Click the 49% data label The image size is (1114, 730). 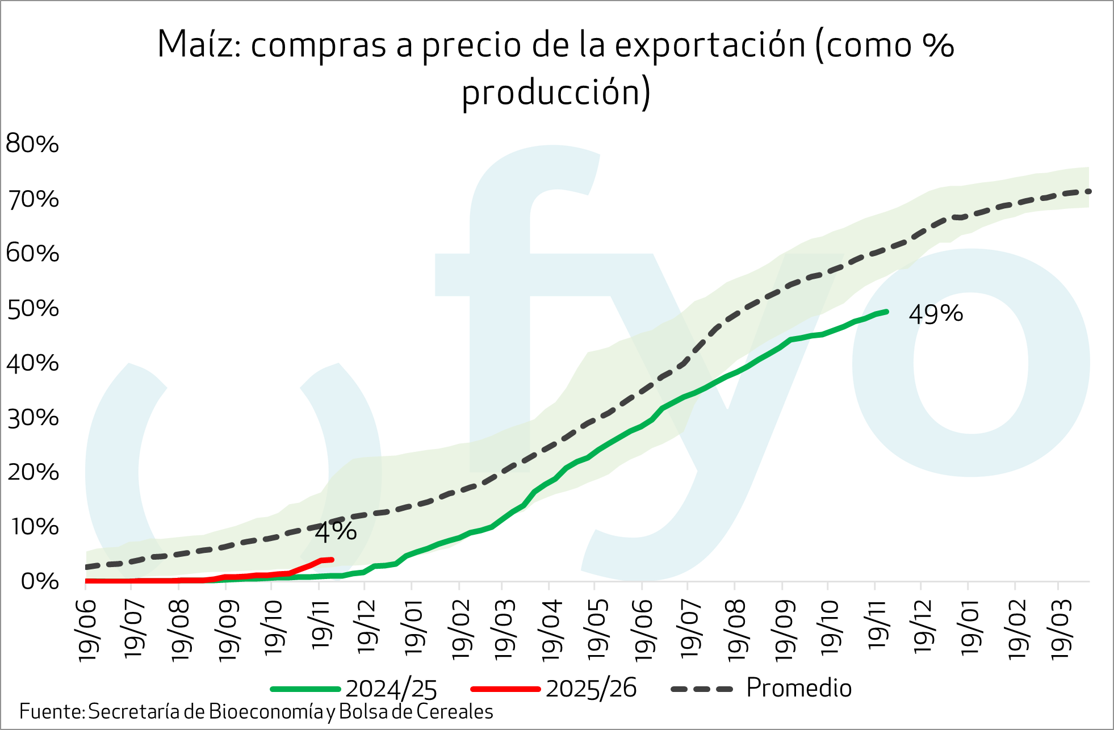coord(936,314)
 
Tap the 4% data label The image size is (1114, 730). coord(336,532)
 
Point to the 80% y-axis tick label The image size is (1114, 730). coord(32,144)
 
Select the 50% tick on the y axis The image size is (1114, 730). coord(32,309)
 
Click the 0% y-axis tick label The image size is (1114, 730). coord(40,581)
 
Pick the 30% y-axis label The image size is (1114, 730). coord(32,418)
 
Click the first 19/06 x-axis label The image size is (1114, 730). coord(88,630)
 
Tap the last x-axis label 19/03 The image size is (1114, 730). coord(1061,630)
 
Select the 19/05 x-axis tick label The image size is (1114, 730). coord(597,630)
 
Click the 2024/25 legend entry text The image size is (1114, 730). coord(391,689)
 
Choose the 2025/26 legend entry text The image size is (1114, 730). coord(591,689)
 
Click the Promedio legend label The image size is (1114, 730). coord(798,688)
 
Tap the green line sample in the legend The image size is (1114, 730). coord(305,689)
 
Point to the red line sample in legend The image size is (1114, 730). coord(505,689)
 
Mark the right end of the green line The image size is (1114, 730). coord(886,312)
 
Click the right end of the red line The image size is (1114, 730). coord(332,560)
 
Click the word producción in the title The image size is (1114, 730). coord(556,92)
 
